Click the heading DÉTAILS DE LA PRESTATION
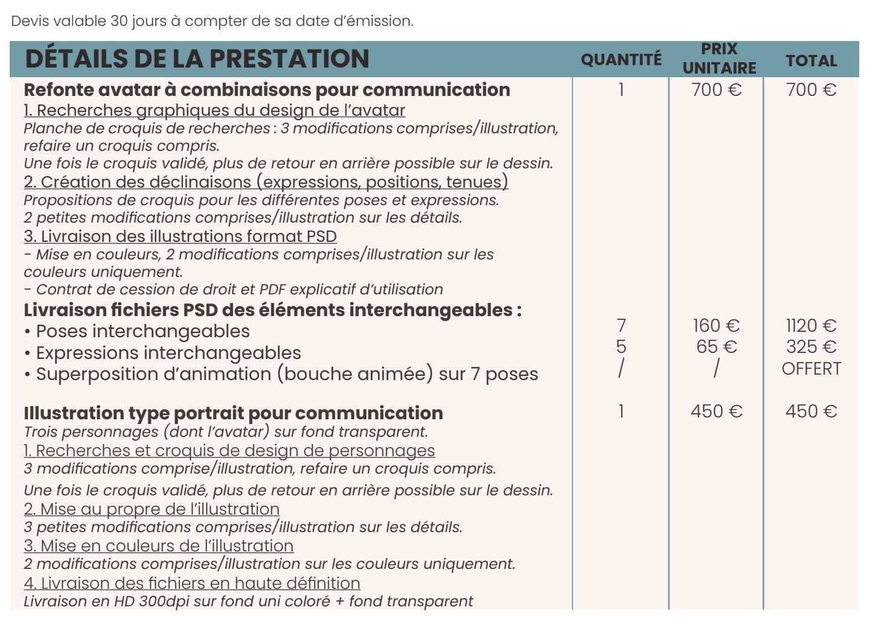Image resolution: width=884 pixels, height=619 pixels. (x=197, y=59)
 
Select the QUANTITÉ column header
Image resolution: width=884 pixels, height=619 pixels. (x=621, y=60)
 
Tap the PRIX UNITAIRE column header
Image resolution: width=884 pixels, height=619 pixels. (x=719, y=58)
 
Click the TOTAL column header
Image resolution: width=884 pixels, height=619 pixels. (x=811, y=60)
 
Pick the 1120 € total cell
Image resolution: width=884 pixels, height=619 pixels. (x=811, y=326)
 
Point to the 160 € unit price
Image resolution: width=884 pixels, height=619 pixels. (x=716, y=326)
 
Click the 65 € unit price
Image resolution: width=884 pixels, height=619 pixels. (x=716, y=347)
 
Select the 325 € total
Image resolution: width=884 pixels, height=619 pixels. (x=811, y=347)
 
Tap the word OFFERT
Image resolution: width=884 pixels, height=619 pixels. (x=811, y=369)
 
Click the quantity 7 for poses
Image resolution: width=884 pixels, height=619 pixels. (x=621, y=326)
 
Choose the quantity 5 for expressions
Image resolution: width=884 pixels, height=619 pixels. (x=621, y=347)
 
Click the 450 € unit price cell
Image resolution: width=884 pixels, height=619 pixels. (x=716, y=411)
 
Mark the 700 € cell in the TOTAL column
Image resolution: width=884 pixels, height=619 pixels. (x=811, y=90)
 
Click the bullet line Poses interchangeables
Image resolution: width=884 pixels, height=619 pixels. (x=143, y=331)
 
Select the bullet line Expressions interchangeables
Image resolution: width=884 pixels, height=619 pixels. (x=168, y=353)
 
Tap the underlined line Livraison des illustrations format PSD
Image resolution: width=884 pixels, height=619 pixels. (x=180, y=236)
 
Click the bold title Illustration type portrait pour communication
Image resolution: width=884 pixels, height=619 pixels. (x=233, y=413)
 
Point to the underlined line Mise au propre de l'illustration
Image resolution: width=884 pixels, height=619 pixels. (x=152, y=509)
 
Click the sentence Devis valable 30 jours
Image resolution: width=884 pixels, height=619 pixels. (x=212, y=21)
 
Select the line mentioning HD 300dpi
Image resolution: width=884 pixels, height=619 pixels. (x=248, y=602)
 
